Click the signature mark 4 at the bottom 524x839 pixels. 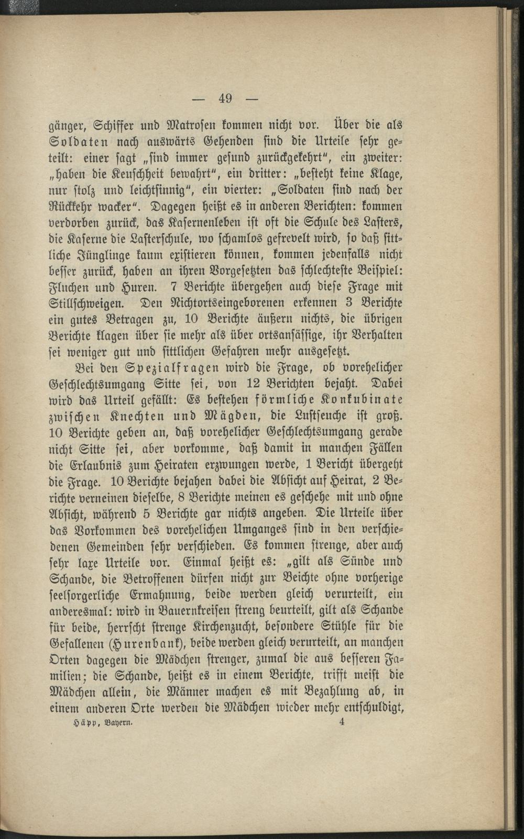pyautogui.click(x=342, y=722)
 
